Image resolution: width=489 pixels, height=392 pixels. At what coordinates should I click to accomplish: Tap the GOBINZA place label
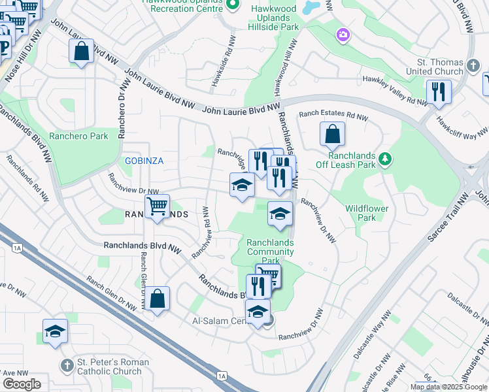coord(144,161)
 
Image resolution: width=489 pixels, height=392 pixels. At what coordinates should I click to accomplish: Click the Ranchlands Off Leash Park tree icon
coord(386,158)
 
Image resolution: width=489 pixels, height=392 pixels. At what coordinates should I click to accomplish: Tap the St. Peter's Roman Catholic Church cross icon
coord(66,363)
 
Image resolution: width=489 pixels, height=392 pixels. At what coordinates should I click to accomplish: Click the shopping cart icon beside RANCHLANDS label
coord(157,206)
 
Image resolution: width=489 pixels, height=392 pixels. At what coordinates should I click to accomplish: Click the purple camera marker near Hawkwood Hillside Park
coord(342,35)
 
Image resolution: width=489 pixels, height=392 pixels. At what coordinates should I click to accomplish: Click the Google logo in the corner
coord(22,384)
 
